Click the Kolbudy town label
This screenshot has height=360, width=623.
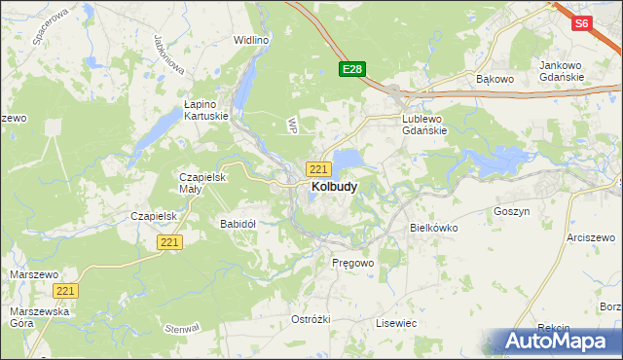tap(333, 186)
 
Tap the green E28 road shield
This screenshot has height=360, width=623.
tap(351, 69)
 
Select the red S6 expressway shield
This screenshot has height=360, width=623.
tap(582, 24)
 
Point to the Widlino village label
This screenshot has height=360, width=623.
tap(250, 40)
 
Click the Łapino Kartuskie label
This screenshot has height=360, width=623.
tap(206, 109)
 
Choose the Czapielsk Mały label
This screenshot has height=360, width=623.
tap(202, 183)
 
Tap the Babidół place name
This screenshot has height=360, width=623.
tap(238, 224)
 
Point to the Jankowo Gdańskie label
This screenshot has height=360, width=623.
tap(561, 71)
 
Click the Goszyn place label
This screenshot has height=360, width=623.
tap(511, 211)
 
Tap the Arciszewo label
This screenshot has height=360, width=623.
tap(594, 237)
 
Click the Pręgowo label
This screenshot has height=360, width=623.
tap(352, 264)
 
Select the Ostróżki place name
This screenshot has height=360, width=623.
tap(311, 319)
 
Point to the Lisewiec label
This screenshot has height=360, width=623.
tap(396, 322)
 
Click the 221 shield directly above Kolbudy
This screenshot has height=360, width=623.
tap(317, 169)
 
